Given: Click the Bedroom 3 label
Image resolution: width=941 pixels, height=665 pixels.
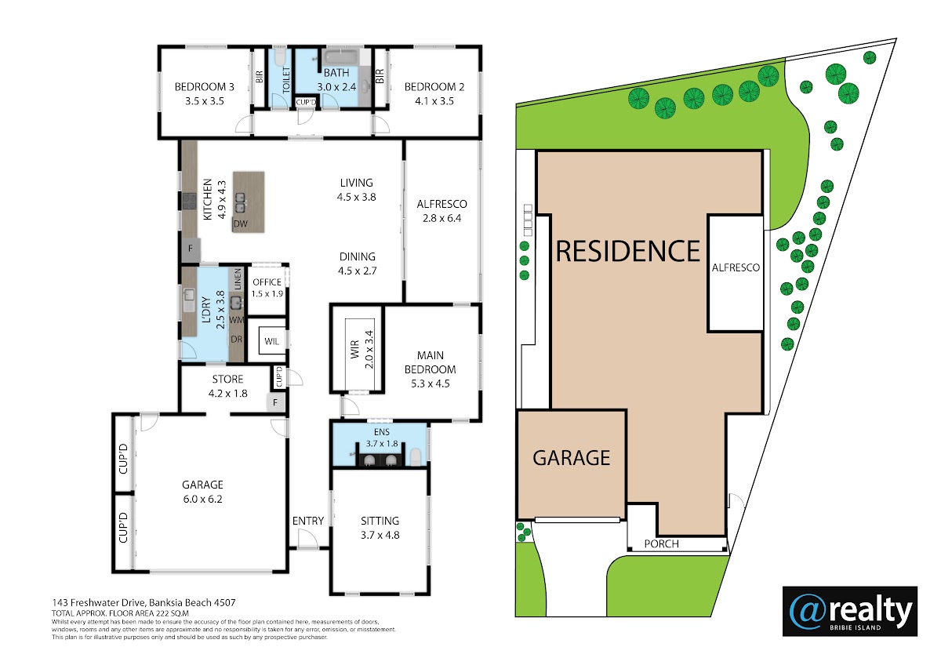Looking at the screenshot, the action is tap(204, 87).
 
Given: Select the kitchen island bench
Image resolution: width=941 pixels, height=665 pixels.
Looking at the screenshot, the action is tap(249, 202).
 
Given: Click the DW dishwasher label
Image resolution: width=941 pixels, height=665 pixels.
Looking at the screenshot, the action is tap(240, 224).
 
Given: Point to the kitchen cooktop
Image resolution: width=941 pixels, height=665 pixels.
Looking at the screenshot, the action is tap(190, 202).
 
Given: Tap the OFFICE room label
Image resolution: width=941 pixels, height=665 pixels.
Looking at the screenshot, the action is tap(267, 282).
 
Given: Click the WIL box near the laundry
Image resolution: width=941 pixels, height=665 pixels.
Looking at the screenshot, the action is tap(272, 341).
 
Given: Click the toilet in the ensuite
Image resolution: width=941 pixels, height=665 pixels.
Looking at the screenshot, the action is tap(415, 457).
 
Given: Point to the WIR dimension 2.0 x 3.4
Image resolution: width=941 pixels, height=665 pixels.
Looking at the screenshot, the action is tap(369, 350).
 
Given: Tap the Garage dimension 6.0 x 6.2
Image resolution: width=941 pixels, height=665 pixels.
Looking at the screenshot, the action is tap(202, 499).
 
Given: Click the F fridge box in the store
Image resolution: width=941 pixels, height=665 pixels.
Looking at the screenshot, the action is tap(275, 402).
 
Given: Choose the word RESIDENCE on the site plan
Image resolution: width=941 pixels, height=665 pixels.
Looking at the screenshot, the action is tap(627, 251).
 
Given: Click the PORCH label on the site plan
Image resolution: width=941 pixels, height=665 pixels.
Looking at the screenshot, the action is tap(661, 544).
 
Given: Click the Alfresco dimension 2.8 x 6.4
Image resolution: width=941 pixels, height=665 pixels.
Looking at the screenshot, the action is tap(442, 219).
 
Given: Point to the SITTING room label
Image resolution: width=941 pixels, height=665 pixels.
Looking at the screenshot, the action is tap(380, 521).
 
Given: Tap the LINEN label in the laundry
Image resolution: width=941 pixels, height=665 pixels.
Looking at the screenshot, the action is tap(238, 279).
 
